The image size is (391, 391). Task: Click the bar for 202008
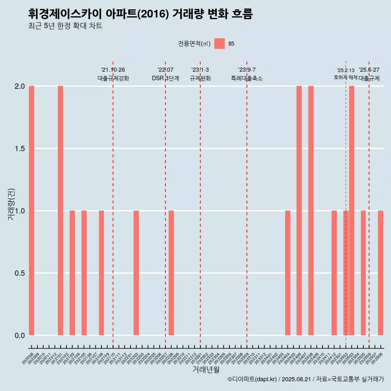(x=31, y=211)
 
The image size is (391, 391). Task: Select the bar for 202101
(x=60, y=211)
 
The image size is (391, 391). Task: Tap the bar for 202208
(x=171, y=273)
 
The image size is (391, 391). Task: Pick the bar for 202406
(x=299, y=211)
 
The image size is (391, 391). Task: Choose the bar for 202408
(x=311, y=211)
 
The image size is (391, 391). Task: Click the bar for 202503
(x=351, y=211)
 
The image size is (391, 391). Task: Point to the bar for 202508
(x=380, y=273)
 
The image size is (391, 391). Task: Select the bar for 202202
(x=136, y=273)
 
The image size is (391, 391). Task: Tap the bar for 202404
(x=288, y=273)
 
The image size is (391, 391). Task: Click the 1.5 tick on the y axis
(x=19, y=149)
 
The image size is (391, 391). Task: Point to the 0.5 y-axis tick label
(x=19, y=273)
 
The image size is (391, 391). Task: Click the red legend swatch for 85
(x=220, y=44)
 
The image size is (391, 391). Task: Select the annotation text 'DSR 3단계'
(x=165, y=79)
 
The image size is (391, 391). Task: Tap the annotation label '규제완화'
(x=200, y=79)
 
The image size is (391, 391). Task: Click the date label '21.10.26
(x=113, y=70)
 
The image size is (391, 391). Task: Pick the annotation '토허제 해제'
(x=345, y=77)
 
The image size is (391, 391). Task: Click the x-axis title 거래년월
(x=206, y=370)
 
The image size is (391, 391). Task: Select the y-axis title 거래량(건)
(x=11, y=204)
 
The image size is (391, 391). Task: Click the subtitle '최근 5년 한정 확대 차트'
(x=65, y=26)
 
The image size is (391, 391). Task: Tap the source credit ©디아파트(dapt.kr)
(x=252, y=379)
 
